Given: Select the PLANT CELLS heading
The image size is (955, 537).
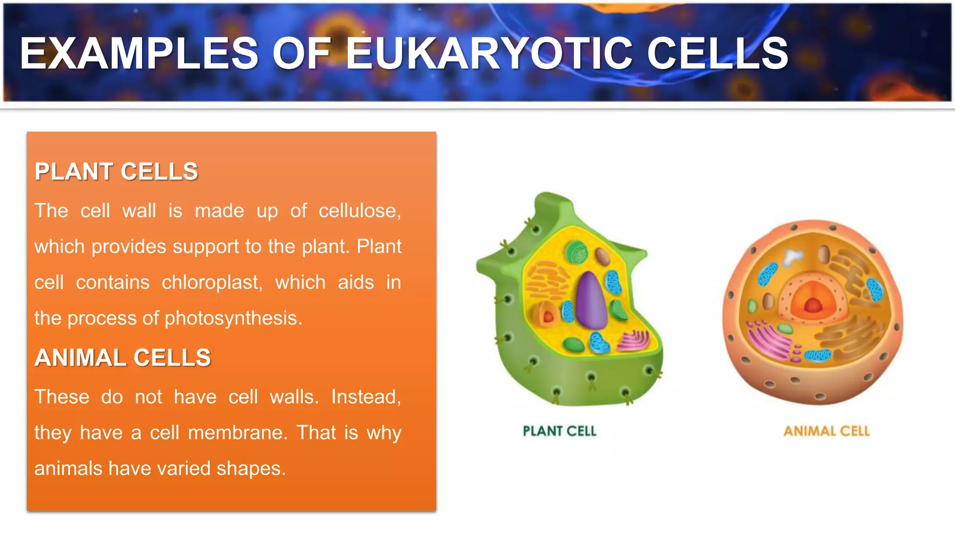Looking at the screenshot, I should pos(117,172).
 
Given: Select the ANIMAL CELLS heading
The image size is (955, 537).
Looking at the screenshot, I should pos(123,358).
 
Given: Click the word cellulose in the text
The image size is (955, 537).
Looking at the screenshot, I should pos(360,211).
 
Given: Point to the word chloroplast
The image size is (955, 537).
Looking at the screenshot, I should pos(212,282).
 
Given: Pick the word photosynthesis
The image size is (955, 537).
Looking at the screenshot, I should pos(233,318).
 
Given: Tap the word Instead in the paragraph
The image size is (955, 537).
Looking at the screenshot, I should pos(366,397).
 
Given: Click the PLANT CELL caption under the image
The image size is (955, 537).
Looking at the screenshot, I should pos(560,431).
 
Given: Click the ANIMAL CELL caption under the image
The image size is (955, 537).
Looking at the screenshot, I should pos(826,431).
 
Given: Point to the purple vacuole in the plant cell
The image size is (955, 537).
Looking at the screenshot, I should pos(591,301).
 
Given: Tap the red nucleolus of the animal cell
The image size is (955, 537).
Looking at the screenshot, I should pos(813,305).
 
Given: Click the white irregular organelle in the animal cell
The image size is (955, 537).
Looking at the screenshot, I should pos(793,256).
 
